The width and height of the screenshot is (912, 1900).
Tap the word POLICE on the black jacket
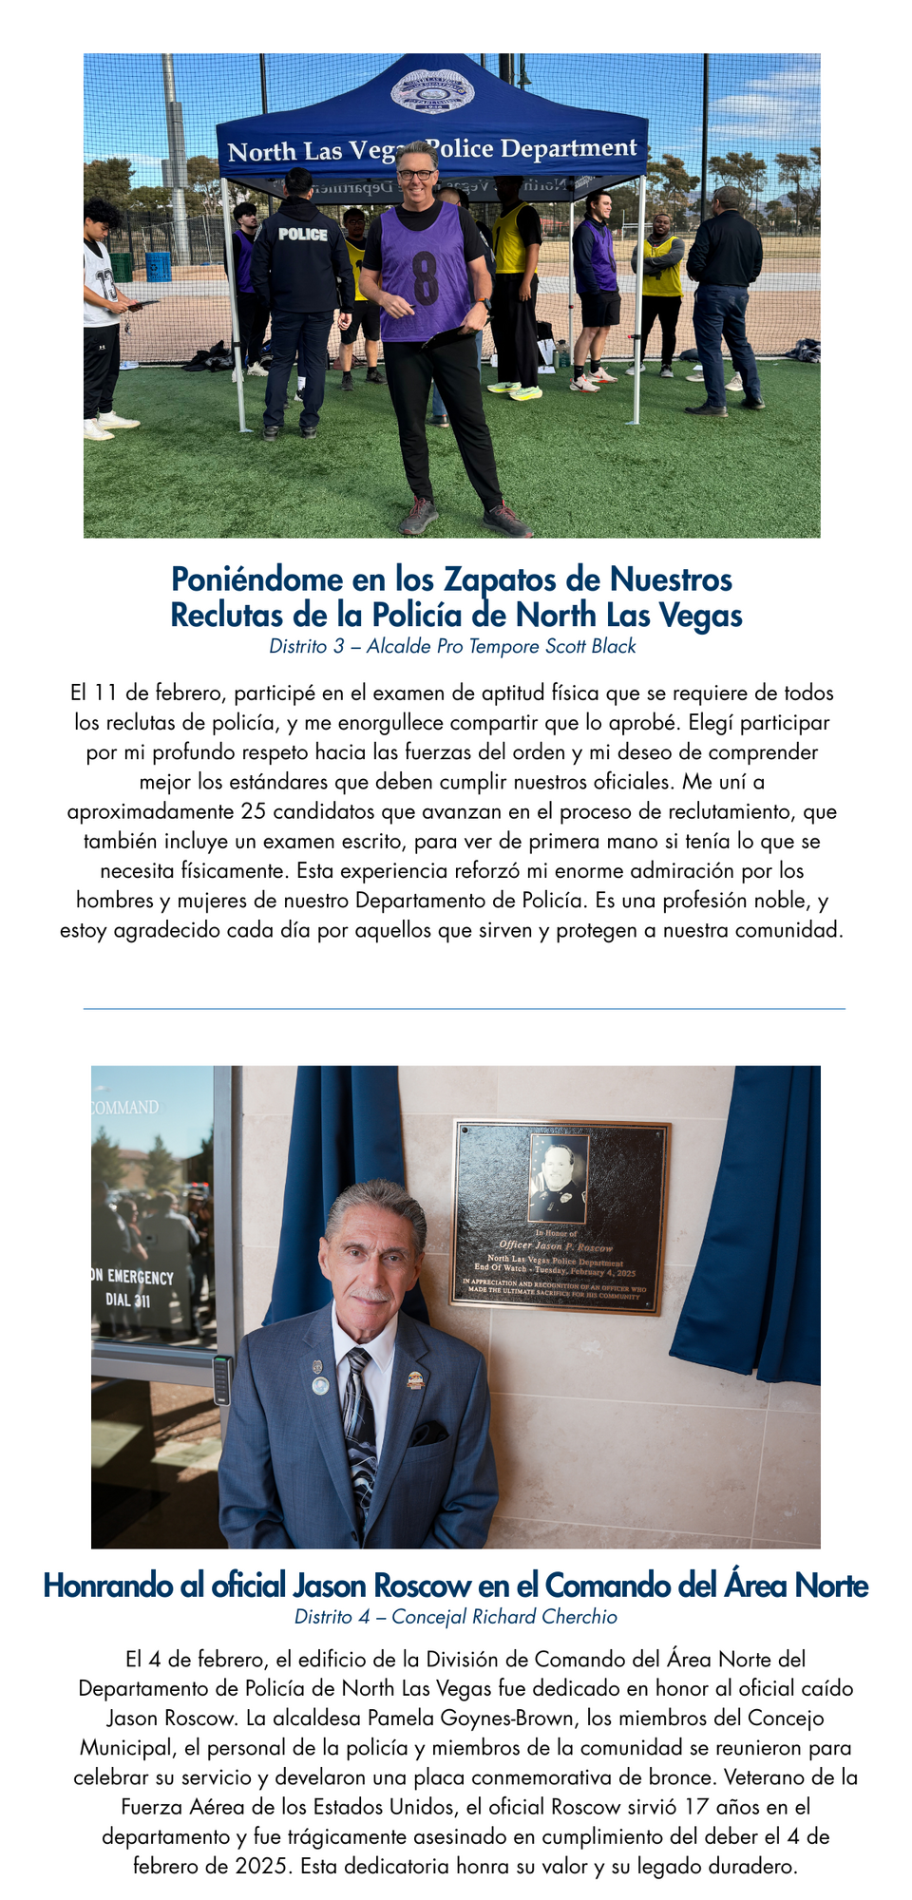(x=303, y=234)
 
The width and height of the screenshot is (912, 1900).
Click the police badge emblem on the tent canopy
(x=433, y=93)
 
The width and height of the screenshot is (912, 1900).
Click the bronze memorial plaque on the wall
(x=560, y=1216)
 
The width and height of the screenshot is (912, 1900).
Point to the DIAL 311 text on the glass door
(x=127, y=1300)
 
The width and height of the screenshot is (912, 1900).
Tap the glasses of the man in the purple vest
(x=417, y=175)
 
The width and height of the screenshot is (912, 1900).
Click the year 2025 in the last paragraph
(x=261, y=1866)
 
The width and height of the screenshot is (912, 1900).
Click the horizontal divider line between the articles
(x=464, y=1009)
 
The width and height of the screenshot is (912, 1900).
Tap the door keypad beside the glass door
(x=221, y=1380)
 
